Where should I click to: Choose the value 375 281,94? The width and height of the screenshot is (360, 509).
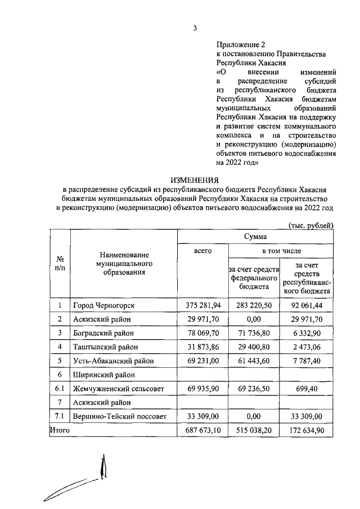pos(202,305)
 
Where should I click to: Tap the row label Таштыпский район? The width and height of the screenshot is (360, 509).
pos(105,346)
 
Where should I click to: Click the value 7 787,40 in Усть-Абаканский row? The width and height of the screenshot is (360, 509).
pos(307,361)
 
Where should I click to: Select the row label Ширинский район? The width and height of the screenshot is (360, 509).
pos(103,374)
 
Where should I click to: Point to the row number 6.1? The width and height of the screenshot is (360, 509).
pos(59,388)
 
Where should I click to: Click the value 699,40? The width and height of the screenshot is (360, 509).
pos(307,388)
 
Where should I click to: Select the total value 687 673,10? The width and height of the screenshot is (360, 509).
pos(202,430)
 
